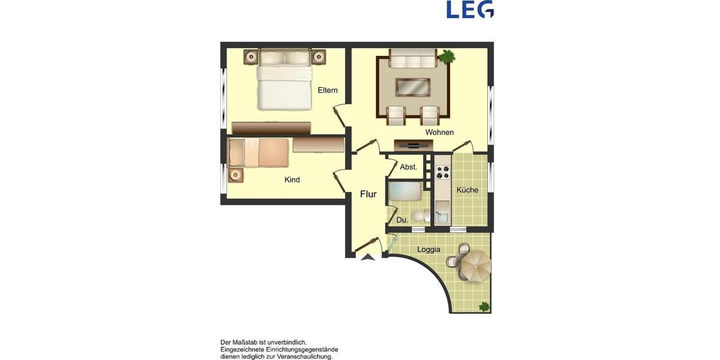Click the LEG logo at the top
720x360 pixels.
click(470, 10)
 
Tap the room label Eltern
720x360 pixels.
click(328, 91)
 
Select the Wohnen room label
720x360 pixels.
click(439, 132)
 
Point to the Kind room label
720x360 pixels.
click(292, 180)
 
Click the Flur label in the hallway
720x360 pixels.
click(368, 194)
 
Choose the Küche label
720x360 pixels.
click(467, 190)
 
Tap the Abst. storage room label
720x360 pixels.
click(409, 167)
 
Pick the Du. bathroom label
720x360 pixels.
click(402, 220)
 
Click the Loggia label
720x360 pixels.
click(428, 250)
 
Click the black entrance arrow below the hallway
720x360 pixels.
click(367, 257)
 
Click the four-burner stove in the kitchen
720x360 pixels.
click(442, 172)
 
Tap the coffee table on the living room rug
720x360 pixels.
click(412, 87)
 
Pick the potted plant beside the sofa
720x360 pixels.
click(446, 57)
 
